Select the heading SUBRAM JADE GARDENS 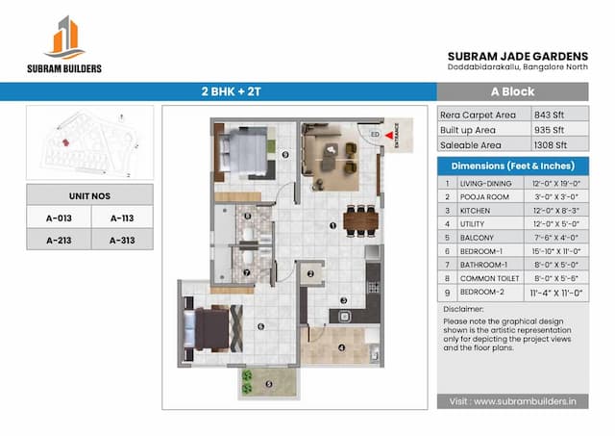518,56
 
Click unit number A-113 121,218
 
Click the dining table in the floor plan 358,220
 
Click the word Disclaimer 463,309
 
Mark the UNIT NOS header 88,194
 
